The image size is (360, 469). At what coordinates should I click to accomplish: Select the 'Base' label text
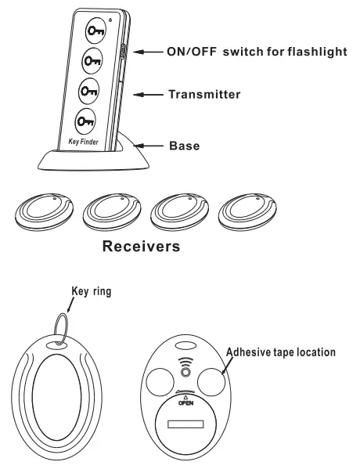click(x=186, y=146)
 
